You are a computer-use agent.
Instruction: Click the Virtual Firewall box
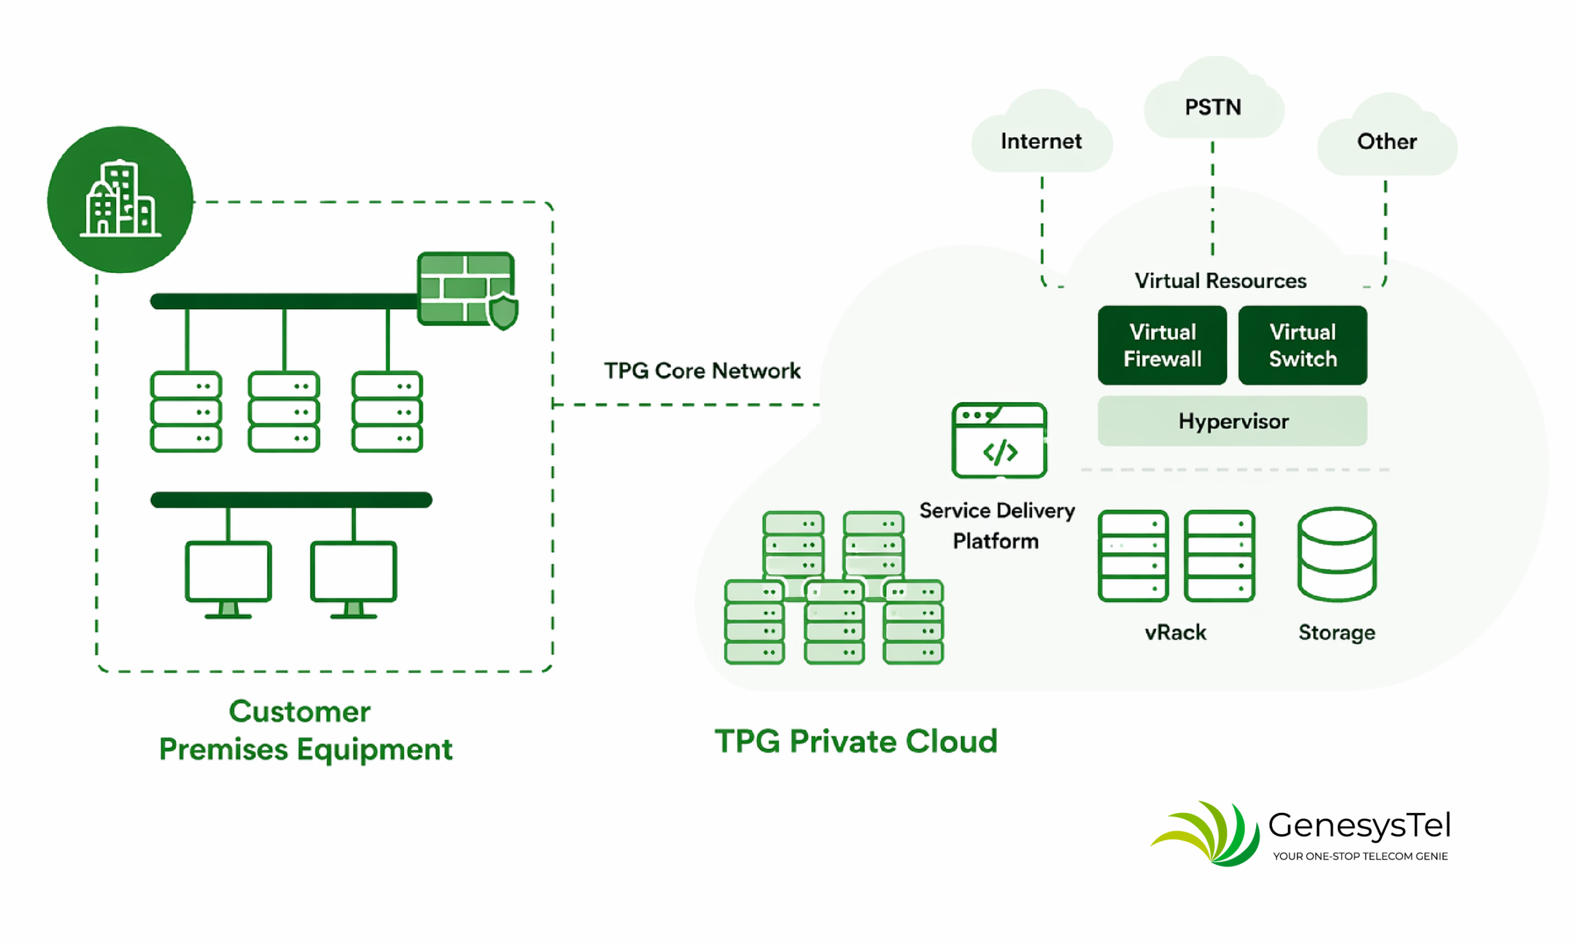point(1162,346)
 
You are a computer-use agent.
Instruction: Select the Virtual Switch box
point(1302,346)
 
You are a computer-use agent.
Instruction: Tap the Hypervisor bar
point(1232,421)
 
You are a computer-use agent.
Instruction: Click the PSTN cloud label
point(1213,106)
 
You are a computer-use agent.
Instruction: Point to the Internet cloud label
point(1041,141)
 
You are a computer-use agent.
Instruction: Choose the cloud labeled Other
point(1386,141)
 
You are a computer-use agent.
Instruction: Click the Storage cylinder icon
point(1337,554)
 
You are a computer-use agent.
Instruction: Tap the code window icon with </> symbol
point(999,440)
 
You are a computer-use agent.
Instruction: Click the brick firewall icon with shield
point(467,290)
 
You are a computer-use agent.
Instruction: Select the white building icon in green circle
point(120,199)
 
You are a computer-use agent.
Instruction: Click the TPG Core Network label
point(702,371)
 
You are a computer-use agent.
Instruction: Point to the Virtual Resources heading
point(1220,280)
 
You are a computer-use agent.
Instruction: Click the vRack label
point(1176,632)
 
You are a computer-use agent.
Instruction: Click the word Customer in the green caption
point(299,711)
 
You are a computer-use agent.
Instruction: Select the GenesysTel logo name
point(1359,825)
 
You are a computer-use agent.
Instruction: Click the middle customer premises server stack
point(283,412)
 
